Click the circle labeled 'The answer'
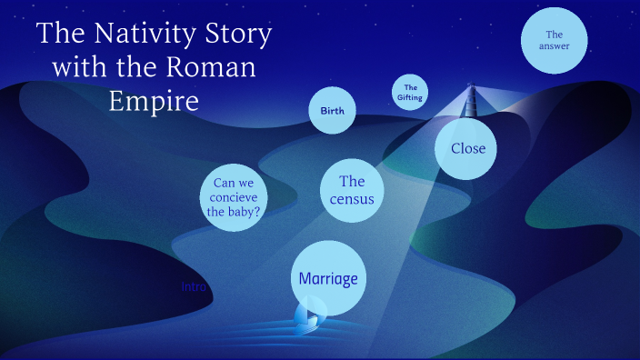point(554,40)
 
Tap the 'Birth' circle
point(332,111)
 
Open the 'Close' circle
point(467,148)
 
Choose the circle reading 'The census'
point(351,190)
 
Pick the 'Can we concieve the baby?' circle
point(234,197)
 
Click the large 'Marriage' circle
point(328,278)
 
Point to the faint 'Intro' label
point(195,286)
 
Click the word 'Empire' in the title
point(154,99)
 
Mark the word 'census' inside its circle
point(352,199)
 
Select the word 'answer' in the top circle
point(554,46)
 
